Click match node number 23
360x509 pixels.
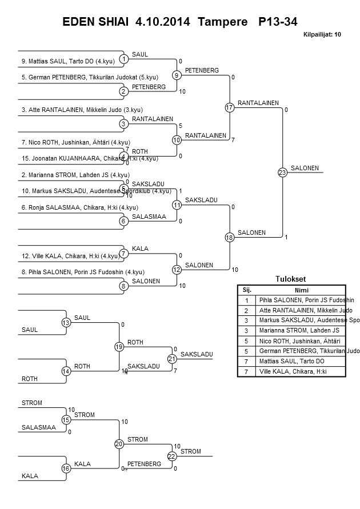(x=282, y=173)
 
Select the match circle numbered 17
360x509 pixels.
(x=230, y=107)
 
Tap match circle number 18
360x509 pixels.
(x=230, y=238)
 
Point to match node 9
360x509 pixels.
(x=177, y=75)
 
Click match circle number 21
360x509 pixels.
(x=172, y=359)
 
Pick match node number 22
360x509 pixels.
(x=172, y=456)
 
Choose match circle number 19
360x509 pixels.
(x=119, y=347)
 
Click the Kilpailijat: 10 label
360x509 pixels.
(x=322, y=35)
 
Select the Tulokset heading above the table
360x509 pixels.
(x=291, y=279)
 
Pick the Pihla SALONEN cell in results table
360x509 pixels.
(x=306, y=300)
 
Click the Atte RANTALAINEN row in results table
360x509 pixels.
(x=305, y=310)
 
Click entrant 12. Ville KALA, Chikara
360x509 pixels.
(x=63, y=256)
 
